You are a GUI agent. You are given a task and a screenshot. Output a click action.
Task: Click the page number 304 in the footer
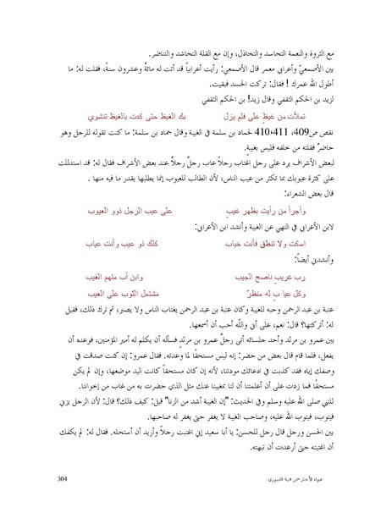click(x=61, y=479)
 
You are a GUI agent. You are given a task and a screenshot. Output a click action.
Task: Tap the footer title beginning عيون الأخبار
click(x=307, y=479)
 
